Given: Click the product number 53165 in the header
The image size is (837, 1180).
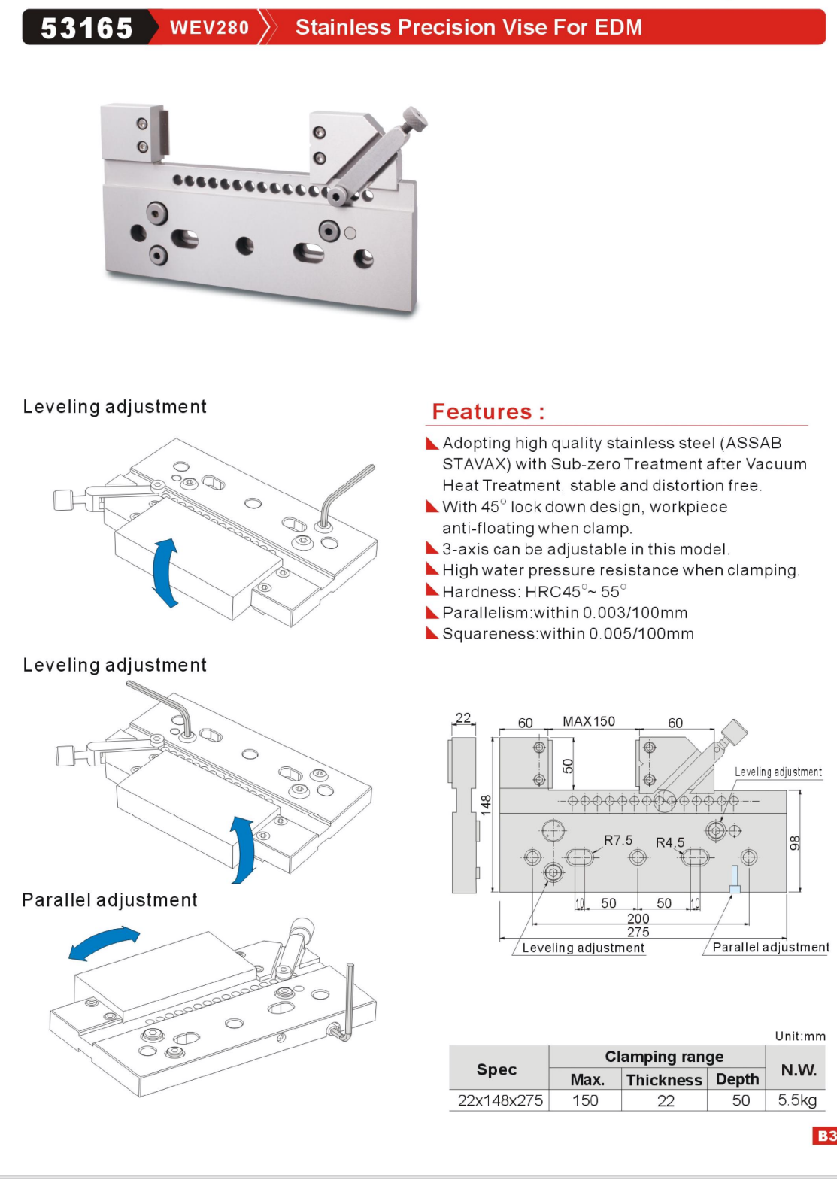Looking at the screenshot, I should [86, 28].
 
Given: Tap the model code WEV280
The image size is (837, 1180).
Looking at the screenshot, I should [209, 28].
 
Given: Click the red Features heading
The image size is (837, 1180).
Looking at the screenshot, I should [487, 412].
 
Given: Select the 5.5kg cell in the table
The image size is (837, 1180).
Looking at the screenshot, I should [797, 1100].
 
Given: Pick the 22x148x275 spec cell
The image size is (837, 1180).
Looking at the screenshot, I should [500, 1100].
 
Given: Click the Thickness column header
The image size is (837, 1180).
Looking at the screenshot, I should [664, 1080].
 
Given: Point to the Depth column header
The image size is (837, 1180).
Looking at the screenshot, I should [737, 1079].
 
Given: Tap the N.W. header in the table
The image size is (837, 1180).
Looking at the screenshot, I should [799, 1069].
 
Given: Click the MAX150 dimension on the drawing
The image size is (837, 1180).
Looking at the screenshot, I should [589, 721].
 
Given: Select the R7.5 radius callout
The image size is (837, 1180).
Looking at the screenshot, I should [618, 840].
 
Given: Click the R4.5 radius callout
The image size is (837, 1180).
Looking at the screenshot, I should [670, 842].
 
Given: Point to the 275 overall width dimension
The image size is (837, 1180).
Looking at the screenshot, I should [638, 932].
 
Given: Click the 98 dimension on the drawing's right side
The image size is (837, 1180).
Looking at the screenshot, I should [795, 843].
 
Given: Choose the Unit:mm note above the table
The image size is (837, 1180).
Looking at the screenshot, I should [800, 1036].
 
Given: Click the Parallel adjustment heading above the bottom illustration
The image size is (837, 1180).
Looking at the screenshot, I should [110, 900].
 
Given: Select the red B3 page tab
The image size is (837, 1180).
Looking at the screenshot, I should [825, 1136].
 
